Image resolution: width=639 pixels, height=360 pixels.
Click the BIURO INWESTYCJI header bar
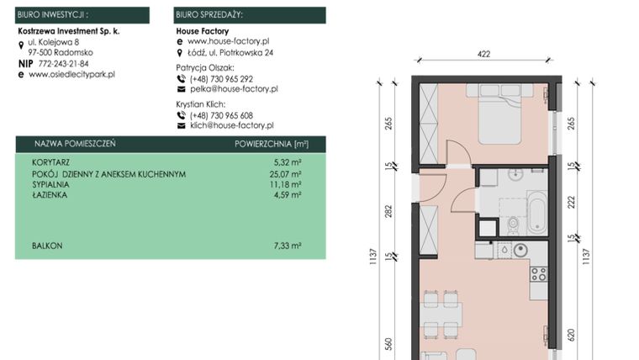point(82,14)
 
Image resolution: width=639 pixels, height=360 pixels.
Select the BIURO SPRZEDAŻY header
point(249,14)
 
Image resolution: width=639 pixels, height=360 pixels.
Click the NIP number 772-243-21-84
point(63,63)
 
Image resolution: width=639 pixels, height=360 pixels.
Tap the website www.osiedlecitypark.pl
point(71,74)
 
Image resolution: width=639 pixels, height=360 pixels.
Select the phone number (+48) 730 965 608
point(221,115)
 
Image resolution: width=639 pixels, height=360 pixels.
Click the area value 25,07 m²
point(288,174)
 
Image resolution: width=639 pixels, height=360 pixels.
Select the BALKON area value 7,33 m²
point(288,246)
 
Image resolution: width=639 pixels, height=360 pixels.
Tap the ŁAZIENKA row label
point(50,194)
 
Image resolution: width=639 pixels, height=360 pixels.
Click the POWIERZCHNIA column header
point(267,144)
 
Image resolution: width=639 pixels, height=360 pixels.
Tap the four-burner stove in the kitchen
point(538,273)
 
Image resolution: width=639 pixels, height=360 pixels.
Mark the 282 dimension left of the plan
point(388,209)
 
